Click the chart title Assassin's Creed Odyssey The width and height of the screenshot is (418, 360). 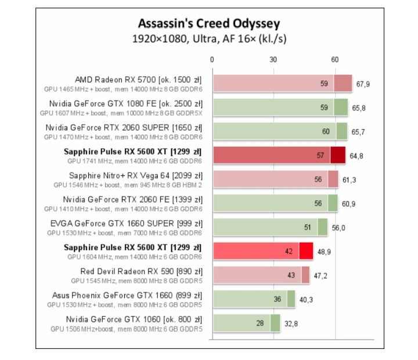click(208, 24)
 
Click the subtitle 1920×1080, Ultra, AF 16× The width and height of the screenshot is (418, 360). click(208, 39)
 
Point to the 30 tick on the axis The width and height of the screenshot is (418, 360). click(273, 60)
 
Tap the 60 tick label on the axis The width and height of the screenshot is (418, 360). click(335, 60)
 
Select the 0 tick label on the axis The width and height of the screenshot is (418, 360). click(212, 60)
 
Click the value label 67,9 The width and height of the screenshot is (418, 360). click(363, 84)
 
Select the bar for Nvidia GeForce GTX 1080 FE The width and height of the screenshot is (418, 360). click(280, 107)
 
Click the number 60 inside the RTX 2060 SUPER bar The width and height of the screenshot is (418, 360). click(326, 132)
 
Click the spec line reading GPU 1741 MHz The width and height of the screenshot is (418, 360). click(134, 161)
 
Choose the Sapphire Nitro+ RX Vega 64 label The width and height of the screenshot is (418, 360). click(135, 175)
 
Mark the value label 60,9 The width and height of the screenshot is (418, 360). click(349, 204)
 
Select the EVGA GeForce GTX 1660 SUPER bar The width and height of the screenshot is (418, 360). click(270, 228)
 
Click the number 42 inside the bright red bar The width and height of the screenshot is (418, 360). click(288, 252)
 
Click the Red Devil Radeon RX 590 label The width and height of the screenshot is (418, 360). click(141, 271)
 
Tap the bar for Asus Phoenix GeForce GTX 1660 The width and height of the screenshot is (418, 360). click(254, 300)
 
